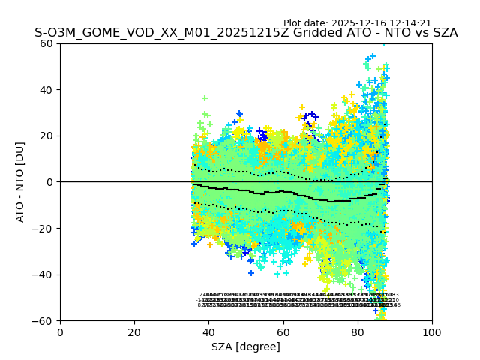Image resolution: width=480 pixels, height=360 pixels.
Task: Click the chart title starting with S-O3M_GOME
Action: click(246, 33)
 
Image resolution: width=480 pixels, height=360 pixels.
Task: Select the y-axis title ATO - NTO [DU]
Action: click(21, 181)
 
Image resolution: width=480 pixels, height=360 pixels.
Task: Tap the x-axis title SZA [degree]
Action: click(246, 346)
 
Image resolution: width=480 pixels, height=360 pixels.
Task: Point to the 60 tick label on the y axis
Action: click(47, 43)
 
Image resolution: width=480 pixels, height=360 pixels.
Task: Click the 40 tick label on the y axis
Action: click(47, 90)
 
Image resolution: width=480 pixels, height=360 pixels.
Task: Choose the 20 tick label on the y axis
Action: click(47, 136)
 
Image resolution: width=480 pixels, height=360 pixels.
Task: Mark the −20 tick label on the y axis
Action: click(44, 228)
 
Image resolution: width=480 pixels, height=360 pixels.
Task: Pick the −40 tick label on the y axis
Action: click(44, 274)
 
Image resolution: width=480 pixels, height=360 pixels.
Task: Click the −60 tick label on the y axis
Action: click(44, 320)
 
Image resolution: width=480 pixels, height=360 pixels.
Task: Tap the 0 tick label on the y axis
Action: click(50, 182)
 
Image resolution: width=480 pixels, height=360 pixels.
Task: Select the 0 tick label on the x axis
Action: click(60, 332)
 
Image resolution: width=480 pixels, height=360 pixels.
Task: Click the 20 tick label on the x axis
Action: click(134, 332)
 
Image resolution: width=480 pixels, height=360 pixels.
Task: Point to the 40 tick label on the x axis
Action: click(208, 332)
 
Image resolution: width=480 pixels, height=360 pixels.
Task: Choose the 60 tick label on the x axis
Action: click(283, 332)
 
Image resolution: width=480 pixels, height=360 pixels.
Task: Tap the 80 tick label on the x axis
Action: click(358, 332)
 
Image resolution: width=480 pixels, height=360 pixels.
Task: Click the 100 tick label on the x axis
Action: click(432, 332)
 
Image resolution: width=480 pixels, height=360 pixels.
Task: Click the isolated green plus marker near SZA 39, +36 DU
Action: click(205, 98)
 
